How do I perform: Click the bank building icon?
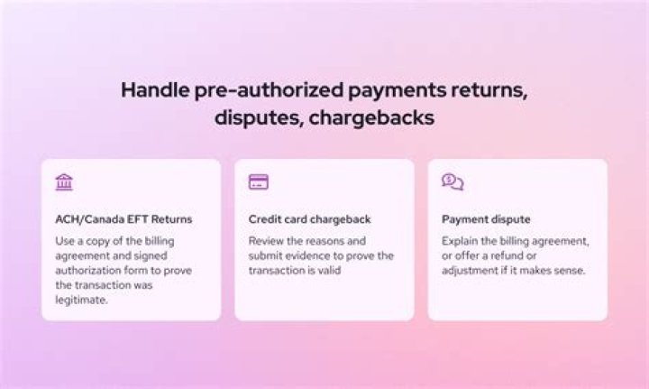(x=64, y=182)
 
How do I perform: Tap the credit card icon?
(x=258, y=182)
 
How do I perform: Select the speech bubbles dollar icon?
(x=452, y=182)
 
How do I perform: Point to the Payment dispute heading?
(x=486, y=219)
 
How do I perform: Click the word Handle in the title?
(x=151, y=91)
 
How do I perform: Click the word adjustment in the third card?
(x=473, y=271)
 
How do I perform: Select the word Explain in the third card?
(x=460, y=241)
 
